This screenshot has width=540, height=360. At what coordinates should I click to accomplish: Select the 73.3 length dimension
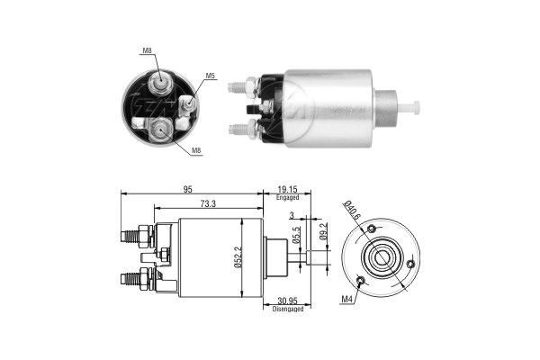pos(208,205)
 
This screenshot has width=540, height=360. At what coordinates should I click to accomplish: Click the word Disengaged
pos(287,309)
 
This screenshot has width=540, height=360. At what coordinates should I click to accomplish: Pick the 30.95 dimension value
pos(287,300)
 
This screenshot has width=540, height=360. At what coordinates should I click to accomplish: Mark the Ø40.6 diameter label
pos(352,213)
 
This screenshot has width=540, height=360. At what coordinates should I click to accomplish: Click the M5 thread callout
pos(210,76)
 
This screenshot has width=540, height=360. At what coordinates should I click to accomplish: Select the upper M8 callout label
pos(146,51)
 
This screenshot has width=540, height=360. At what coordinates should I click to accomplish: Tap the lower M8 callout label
pos(196,150)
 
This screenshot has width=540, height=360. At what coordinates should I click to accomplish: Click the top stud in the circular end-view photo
pos(159,83)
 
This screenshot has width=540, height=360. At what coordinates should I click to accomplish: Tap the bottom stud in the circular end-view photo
pos(159,130)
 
